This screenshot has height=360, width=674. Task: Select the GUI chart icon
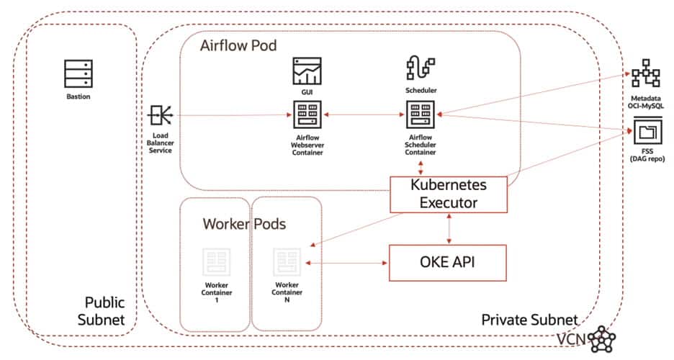[x=307, y=72]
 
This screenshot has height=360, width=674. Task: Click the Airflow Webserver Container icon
[x=307, y=114]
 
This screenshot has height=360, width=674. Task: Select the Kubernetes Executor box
[x=449, y=194]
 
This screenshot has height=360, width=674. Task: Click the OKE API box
[x=449, y=263]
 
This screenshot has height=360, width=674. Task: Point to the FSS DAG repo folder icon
[x=640, y=132]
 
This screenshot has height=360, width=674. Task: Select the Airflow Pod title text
[x=238, y=45]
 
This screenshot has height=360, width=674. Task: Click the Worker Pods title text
[x=244, y=224]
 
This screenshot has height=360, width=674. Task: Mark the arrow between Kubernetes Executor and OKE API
[x=449, y=228]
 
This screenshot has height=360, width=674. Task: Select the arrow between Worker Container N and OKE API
[x=346, y=263]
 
